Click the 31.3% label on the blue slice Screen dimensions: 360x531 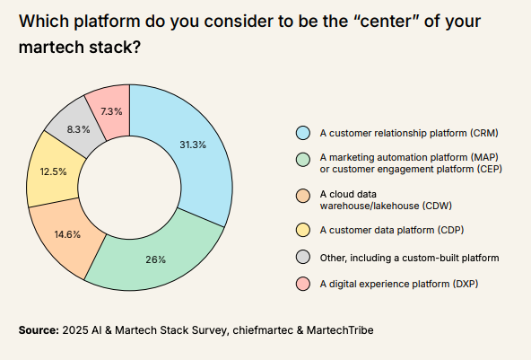click(x=193, y=145)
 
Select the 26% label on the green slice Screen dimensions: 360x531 click(x=155, y=259)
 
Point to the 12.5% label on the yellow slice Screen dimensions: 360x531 click(x=53, y=171)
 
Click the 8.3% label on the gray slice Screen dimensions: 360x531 click(x=78, y=129)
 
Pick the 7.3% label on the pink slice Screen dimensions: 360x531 click(x=112, y=111)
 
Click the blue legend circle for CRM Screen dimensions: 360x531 click(x=303, y=133)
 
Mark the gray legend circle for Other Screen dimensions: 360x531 click(x=303, y=258)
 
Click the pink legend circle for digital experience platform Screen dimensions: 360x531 click(x=303, y=285)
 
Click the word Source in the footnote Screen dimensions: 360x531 click(x=38, y=330)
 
